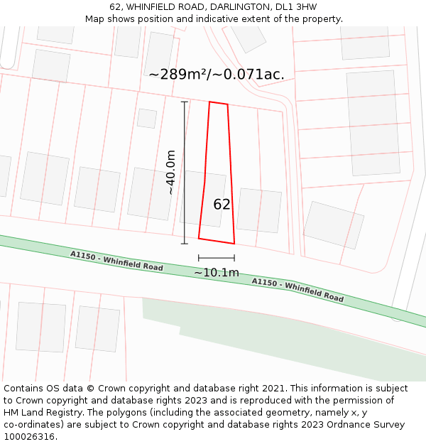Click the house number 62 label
222,205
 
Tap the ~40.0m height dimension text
170,172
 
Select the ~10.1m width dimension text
217,272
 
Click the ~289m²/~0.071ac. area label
217,74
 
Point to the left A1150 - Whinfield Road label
116,261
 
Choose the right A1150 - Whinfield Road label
297,290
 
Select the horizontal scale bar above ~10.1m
217,258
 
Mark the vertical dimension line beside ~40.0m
185,172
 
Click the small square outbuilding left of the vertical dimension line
147,118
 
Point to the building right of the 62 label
259,210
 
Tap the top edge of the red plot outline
219,104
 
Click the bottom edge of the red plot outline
216,241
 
